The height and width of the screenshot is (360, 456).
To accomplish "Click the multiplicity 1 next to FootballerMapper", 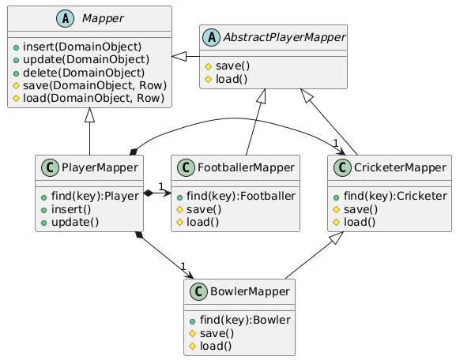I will point(160,186).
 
